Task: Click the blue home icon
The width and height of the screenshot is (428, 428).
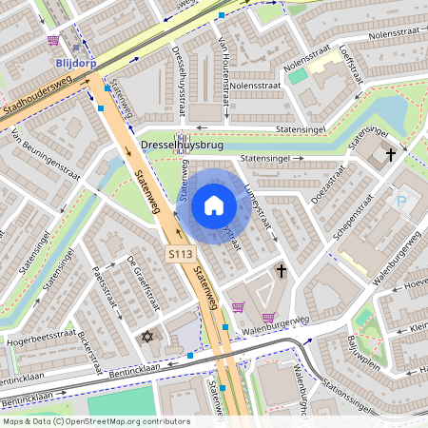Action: point(214,205)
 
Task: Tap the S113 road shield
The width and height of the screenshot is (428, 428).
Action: point(180,254)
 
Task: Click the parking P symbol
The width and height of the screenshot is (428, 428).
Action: point(401,201)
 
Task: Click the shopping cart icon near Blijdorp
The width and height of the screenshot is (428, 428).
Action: point(52,41)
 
